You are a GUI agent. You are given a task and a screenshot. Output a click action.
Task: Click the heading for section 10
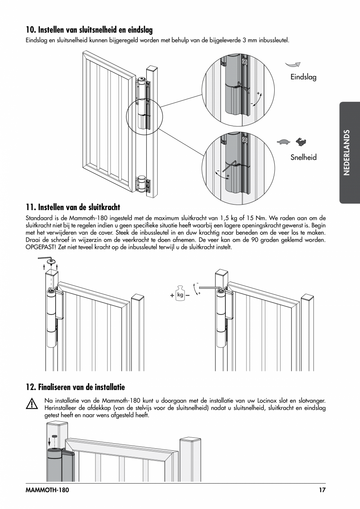point(89,30)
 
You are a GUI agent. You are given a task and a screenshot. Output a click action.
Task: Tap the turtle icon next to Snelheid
point(283,142)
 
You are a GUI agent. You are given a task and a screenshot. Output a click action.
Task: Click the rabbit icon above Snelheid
point(301,142)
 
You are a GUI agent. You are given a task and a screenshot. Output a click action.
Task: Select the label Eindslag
point(303,77)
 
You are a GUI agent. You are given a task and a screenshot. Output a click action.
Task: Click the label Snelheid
point(303,158)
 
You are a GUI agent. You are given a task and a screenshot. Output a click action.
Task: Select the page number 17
point(322,490)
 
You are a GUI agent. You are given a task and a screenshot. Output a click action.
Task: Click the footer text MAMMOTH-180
point(47,490)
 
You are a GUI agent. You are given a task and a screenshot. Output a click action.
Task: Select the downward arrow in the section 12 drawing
point(49,442)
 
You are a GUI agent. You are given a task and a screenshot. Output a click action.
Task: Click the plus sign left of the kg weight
point(172,296)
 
